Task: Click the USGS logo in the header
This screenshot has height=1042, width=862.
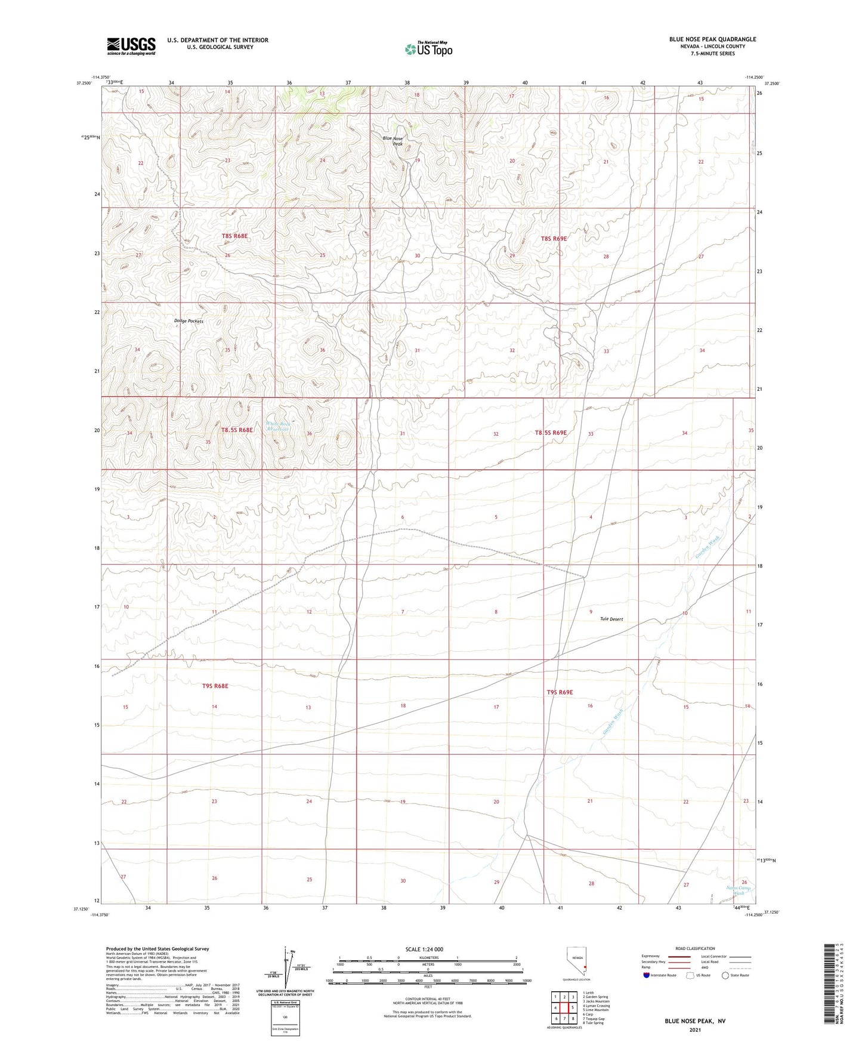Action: (x=131, y=45)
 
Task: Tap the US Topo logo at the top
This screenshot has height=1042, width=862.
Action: (x=428, y=49)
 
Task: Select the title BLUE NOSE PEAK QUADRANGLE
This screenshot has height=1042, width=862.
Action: (x=712, y=39)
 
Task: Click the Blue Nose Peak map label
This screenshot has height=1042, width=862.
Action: (x=393, y=141)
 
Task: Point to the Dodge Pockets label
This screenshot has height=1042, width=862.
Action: (x=189, y=321)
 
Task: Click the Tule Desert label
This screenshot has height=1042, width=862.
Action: (x=611, y=619)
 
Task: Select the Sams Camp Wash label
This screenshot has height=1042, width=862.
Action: (x=739, y=891)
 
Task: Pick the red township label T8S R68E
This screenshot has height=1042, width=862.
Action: (x=234, y=236)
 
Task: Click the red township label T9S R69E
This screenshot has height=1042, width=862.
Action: (x=560, y=692)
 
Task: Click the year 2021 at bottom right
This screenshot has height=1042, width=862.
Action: (x=695, y=1029)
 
